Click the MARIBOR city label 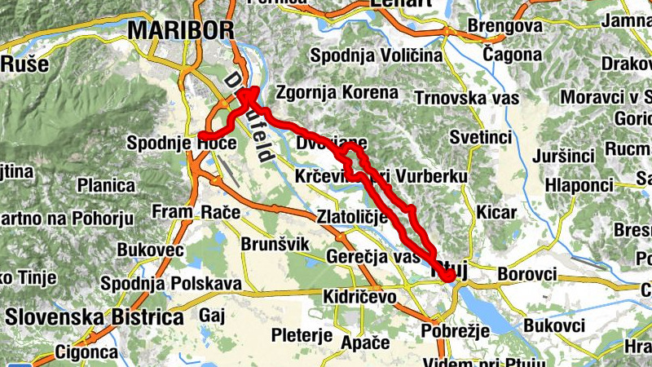point(181,30)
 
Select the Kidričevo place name point(359,295)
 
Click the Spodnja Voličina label point(376,55)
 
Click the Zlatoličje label point(353,217)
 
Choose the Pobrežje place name point(455,330)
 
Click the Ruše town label point(24,64)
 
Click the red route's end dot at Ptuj point(449,276)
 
